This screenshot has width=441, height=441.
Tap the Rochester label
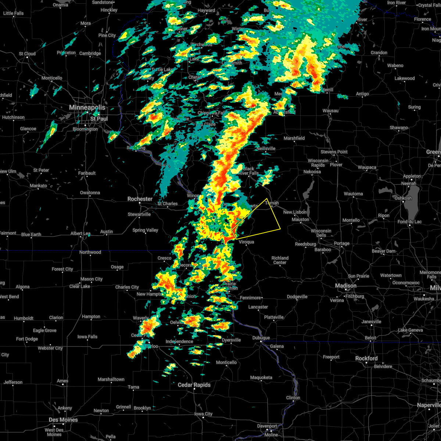[x=140, y=199]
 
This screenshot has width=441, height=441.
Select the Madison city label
[x=345, y=286]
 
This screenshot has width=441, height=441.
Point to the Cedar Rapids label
[x=194, y=385]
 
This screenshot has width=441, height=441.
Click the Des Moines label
[x=63, y=420]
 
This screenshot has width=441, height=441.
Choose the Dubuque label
[x=261, y=338]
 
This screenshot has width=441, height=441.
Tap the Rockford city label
[x=366, y=358]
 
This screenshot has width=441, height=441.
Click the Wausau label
[x=330, y=111]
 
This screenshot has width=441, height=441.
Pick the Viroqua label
[x=246, y=242]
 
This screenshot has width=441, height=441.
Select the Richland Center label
[x=280, y=260]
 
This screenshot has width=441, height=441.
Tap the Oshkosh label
[x=404, y=198]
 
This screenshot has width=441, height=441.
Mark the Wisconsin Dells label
[x=321, y=233]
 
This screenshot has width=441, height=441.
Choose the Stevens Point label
[x=334, y=152]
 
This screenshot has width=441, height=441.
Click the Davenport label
[x=267, y=426]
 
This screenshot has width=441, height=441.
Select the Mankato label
[x=38, y=186]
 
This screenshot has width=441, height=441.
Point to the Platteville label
[x=274, y=317]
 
